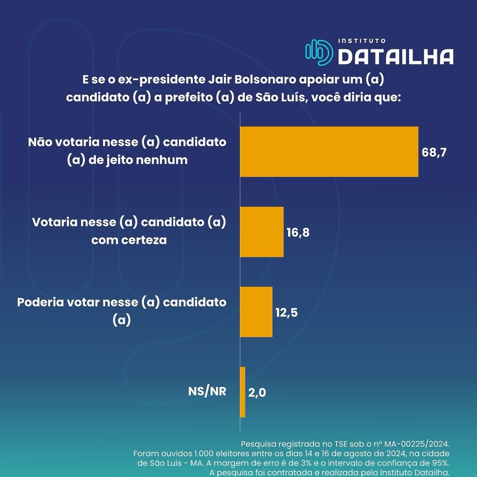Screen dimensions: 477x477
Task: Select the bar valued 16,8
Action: click(x=261, y=232)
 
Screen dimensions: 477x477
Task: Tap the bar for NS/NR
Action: click(x=242, y=392)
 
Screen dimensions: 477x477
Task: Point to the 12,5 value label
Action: click(x=286, y=312)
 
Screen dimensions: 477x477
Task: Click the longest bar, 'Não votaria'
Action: click(x=329, y=151)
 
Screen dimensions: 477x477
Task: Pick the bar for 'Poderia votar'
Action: click(x=256, y=312)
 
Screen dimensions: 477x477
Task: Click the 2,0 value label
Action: click(x=257, y=392)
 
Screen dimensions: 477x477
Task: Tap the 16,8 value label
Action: click(x=298, y=232)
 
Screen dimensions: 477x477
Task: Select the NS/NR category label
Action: click(x=207, y=391)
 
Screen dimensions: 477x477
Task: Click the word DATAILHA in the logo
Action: click(x=396, y=57)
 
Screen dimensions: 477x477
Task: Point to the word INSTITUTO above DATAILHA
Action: click(x=362, y=41)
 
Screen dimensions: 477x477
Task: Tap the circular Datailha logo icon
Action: click(x=318, y=52)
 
